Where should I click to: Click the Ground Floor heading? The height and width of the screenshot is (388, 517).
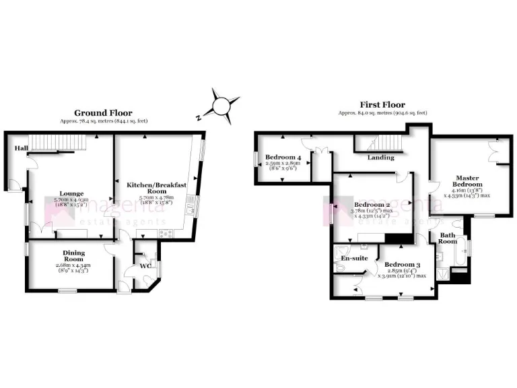point(103,112)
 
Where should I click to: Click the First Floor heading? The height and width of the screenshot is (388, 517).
point(382,105)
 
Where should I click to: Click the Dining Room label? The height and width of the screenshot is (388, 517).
point(73,255)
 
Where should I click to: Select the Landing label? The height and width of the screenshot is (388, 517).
point(380,158)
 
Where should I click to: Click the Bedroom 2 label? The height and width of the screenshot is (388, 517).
point(370,205)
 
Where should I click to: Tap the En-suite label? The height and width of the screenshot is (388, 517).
point(353,258)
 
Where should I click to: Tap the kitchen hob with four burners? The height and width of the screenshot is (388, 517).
point(164,233)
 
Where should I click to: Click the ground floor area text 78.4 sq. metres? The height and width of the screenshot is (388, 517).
point(103,121)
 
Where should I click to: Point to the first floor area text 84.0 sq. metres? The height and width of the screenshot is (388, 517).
point(382,113)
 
